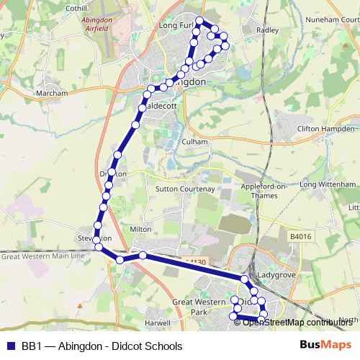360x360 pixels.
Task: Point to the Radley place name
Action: (x=267, y=30)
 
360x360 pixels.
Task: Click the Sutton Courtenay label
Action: (x=186, y=189)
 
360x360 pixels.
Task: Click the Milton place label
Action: (x=140, y=229)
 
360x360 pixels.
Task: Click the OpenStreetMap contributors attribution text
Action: (x=297, y=323)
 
